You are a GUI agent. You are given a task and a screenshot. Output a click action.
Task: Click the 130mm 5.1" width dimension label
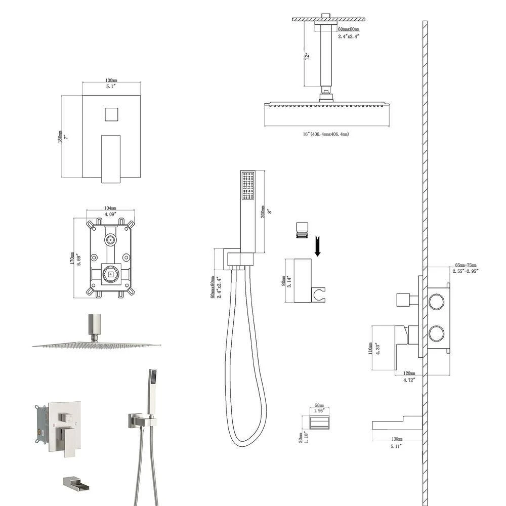point(111,83)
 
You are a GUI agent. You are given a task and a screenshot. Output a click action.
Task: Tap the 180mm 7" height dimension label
point(62,137)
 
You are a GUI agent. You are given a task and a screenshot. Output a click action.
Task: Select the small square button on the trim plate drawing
point(111,114)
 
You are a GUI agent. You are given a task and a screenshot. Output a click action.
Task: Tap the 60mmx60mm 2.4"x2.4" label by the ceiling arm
point(349,33)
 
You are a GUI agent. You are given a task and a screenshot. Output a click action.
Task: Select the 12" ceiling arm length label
point(307,56)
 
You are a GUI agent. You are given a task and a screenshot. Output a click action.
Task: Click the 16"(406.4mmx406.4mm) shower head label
point(326,134)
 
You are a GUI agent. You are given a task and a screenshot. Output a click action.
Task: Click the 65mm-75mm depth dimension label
point(466,268)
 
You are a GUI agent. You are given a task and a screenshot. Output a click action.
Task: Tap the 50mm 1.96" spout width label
point(318,409)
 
